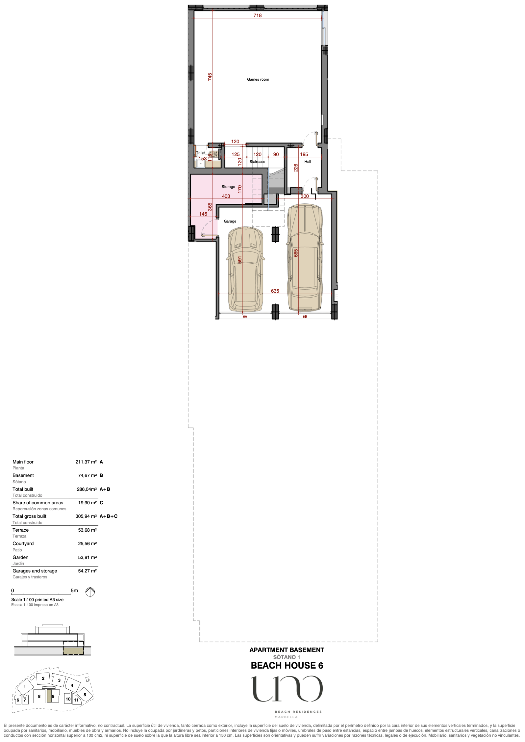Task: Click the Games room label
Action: [x=258, y=79]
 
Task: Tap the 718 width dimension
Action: [x=258, y=15]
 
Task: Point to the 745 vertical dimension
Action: [x=210, y=77]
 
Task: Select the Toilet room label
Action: [x=201, y=153]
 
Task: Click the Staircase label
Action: [x=257, y=162]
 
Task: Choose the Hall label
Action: [x=308, y=162]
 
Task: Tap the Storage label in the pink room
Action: [x=228, y=187]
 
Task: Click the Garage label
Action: [x=230, y=221]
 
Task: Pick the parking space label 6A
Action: [x=245, y=317]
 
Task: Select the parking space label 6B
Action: [x=305, y=317]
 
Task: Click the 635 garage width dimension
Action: [x=275, y=291]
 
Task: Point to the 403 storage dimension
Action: [x=226, y=196]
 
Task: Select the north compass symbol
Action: [x=90, y=592]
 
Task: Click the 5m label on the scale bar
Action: [x=74, y=591]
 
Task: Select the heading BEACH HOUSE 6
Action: [x=287, y=666]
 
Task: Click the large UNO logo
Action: [x=287, y=689]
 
